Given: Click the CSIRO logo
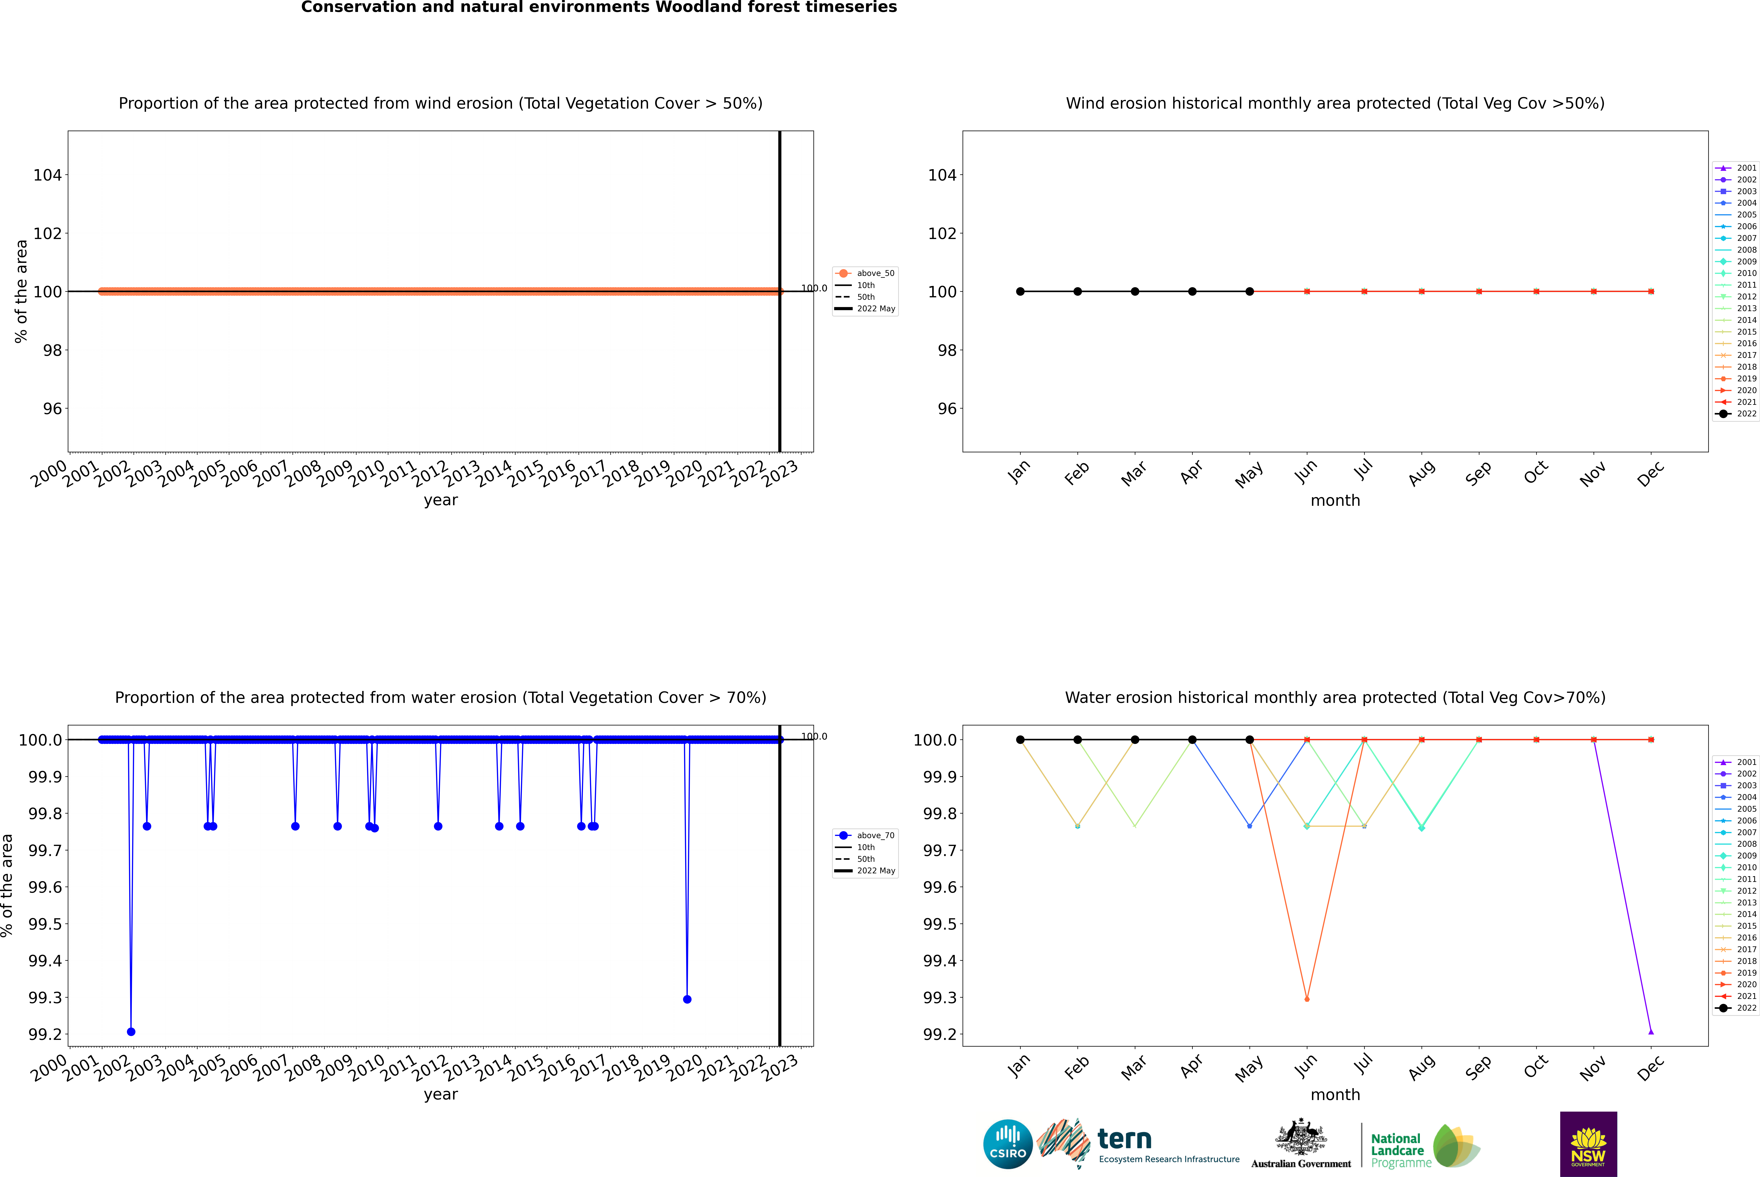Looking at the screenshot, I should (x=1008, y=1144).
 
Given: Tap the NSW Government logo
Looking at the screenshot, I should (x=1588, y=1144).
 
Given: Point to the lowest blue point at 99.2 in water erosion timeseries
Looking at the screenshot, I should (x=131, y=1031).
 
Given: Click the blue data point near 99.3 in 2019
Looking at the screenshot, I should (x=687, y=999).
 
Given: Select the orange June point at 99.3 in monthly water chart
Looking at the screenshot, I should (x=1307, y=999).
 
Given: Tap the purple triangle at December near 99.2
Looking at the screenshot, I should (x=1651, y=1031).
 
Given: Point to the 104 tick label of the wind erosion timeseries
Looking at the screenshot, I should (x=47, y=175).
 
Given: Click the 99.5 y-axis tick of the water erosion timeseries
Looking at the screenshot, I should (x=45, y=924).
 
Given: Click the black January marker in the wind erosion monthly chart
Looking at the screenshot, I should (x=1020, y=291).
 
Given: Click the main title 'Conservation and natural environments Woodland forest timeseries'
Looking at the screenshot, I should (x=599, y=7).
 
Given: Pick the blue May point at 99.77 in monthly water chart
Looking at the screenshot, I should (x=1249, y=826).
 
